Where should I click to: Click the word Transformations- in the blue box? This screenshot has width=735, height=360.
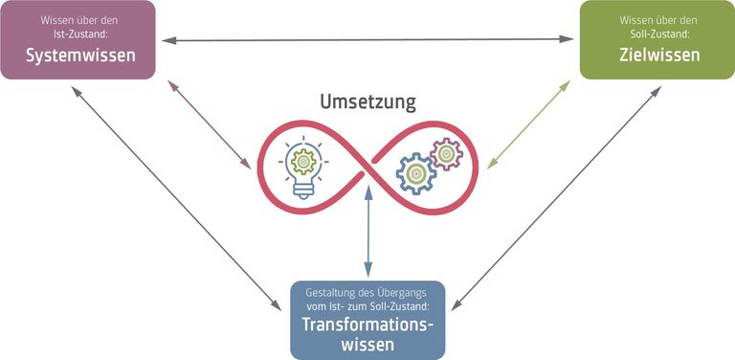coord(367,324)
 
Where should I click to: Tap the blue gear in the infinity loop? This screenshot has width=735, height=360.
coord(415,174)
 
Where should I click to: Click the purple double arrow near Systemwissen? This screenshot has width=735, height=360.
coord(207,122)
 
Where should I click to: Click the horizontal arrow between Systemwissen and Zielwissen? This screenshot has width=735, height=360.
coord(367,39)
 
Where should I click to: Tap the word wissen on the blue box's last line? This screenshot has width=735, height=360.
coord(367,344)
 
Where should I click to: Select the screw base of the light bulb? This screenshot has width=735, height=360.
coord(303,189)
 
